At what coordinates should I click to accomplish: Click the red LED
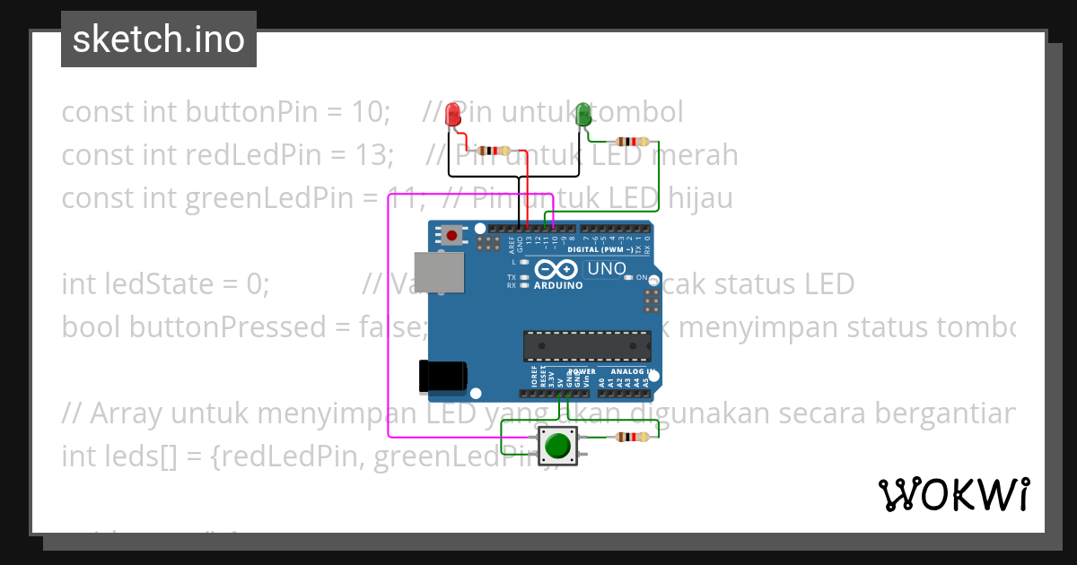[453, 115]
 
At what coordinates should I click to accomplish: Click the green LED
[583, 114]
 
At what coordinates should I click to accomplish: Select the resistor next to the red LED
[492, 151]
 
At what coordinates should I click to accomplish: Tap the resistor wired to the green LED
[631, 142]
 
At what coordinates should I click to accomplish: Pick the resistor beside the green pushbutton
[631, 438]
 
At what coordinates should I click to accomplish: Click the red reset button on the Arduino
[452, 236]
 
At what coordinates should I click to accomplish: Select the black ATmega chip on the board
[588, 346]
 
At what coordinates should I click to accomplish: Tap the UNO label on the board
[607, 268]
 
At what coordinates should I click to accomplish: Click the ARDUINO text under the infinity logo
[558, 285]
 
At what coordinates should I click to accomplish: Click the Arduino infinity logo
[557, 269]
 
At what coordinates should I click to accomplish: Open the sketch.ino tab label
[159, 39]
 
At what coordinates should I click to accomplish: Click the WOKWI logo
[953, 494]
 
